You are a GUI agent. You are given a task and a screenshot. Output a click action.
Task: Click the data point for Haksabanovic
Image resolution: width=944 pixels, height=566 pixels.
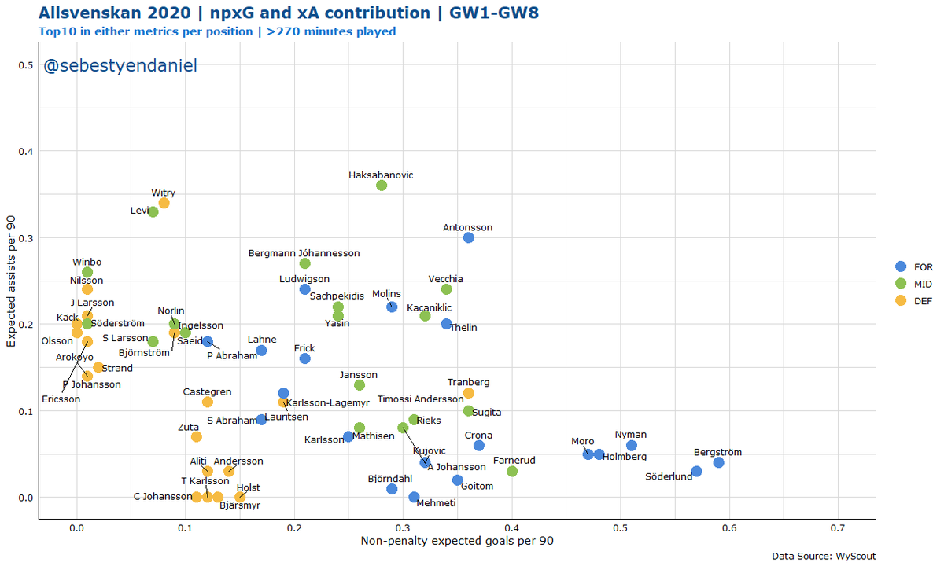382,186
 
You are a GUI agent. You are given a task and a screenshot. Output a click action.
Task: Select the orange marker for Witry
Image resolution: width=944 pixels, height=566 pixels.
164,203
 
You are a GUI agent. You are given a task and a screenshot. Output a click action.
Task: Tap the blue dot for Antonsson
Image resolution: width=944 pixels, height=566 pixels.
469,237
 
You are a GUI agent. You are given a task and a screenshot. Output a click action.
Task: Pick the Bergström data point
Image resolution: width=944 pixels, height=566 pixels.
718,462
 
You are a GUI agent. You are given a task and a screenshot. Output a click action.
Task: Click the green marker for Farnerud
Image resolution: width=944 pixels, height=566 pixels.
512,471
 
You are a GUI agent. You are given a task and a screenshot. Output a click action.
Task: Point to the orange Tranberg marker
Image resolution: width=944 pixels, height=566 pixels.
469,393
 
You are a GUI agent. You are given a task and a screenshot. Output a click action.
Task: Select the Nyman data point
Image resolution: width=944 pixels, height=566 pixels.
632,446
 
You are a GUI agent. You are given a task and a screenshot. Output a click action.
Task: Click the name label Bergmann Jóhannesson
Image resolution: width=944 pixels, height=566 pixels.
304,253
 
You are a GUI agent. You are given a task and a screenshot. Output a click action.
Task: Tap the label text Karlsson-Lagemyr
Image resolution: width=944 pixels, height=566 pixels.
319,403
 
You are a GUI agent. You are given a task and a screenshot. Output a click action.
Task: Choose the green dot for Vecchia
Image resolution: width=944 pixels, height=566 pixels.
447,289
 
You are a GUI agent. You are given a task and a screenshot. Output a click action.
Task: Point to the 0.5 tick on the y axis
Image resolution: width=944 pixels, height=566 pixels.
26,64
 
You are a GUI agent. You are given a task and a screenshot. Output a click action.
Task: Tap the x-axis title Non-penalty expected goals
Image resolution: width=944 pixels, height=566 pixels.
456,542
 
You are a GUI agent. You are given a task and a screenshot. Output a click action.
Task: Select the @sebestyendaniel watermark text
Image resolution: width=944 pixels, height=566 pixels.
120,67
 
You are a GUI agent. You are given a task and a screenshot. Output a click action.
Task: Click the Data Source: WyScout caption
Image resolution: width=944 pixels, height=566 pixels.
823,556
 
